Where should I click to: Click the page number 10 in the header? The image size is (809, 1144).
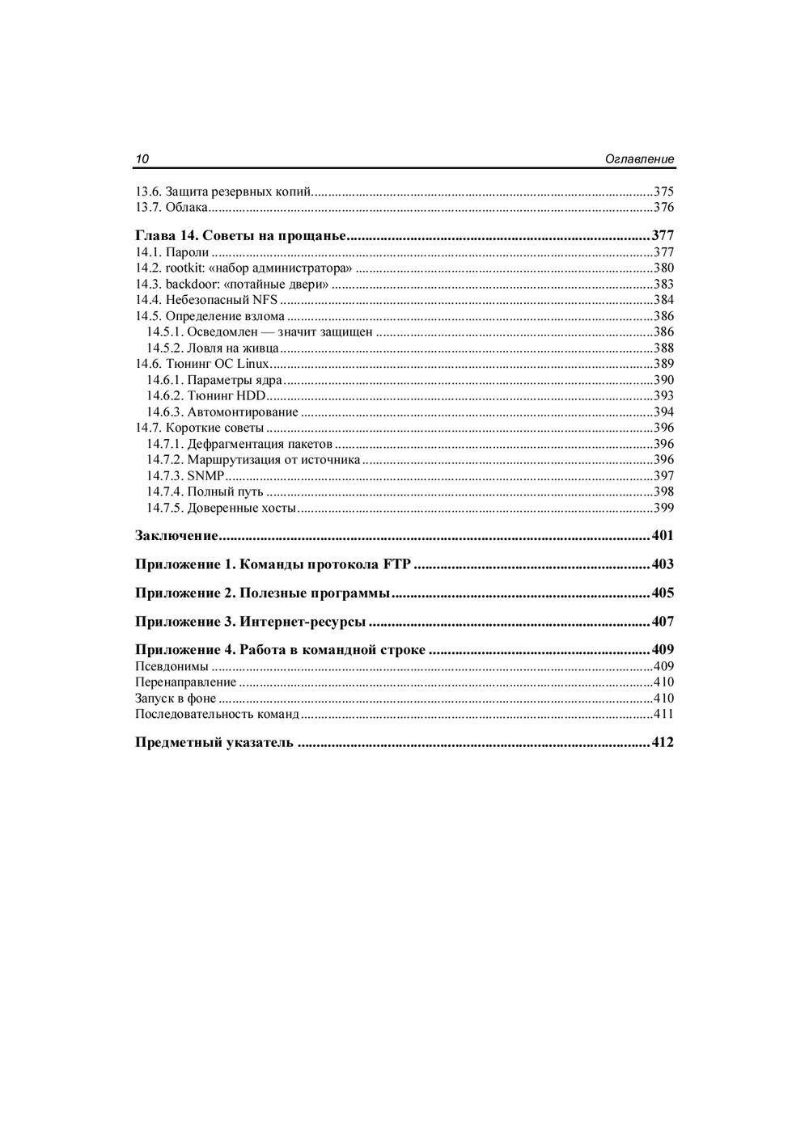[x=142, y=159]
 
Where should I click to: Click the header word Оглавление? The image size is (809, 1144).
[x=639, y=159]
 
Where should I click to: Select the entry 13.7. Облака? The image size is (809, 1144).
[x=172, y=208]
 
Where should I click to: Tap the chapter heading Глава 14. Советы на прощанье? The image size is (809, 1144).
[x=241, y=236]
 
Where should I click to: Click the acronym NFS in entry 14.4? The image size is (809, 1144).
[x=265, y=300]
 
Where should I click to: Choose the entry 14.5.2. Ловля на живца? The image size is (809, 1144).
[x=213, y=348]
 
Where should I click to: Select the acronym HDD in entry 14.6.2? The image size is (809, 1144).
[x=251, y=396]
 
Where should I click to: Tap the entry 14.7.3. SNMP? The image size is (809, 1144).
[x=185, y=476]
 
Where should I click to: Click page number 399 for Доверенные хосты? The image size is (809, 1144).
[x=663, y=509]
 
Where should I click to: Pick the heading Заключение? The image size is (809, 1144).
[x=177, y=536]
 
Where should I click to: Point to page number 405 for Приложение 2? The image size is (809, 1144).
[x=663, y=593]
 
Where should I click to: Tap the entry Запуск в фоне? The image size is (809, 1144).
[x=176, y=699]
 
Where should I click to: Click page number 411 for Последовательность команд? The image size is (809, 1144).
[x=663, y=715]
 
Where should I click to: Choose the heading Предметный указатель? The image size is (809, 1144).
[x=214, y=743]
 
